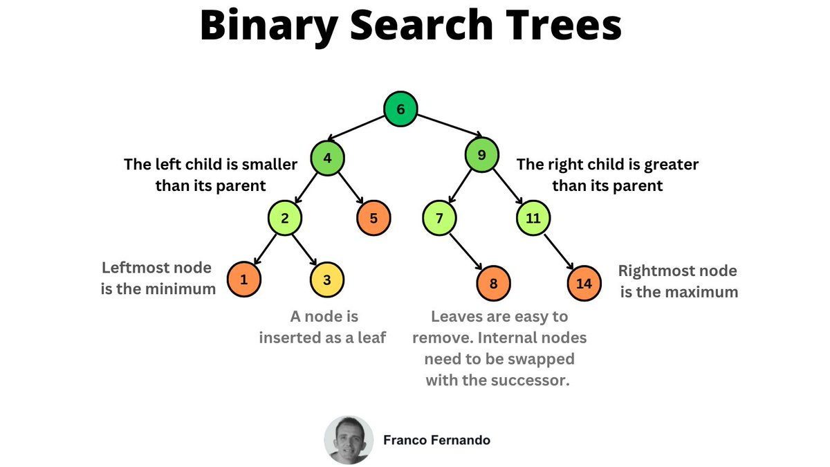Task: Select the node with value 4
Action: pyautogui.click(x=327, y=158)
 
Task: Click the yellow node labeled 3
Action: pyautogui.click(x=327, y=281)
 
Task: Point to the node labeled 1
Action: pyautogui.click(x=243, y=281)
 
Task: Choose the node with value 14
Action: pyautogui.click(x=584, y=282)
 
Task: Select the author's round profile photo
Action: pyautogui.click(x=349, y=439)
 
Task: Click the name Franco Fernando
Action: pyautogui.click(x=436, y=439)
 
